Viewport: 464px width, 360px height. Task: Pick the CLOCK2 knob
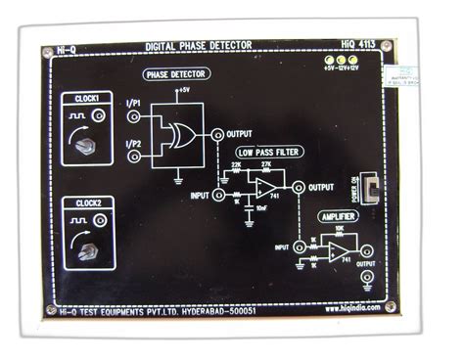pyautogui.click(x=86, y=250)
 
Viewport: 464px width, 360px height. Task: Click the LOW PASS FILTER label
pyautogui.click(x=265, y=154)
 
